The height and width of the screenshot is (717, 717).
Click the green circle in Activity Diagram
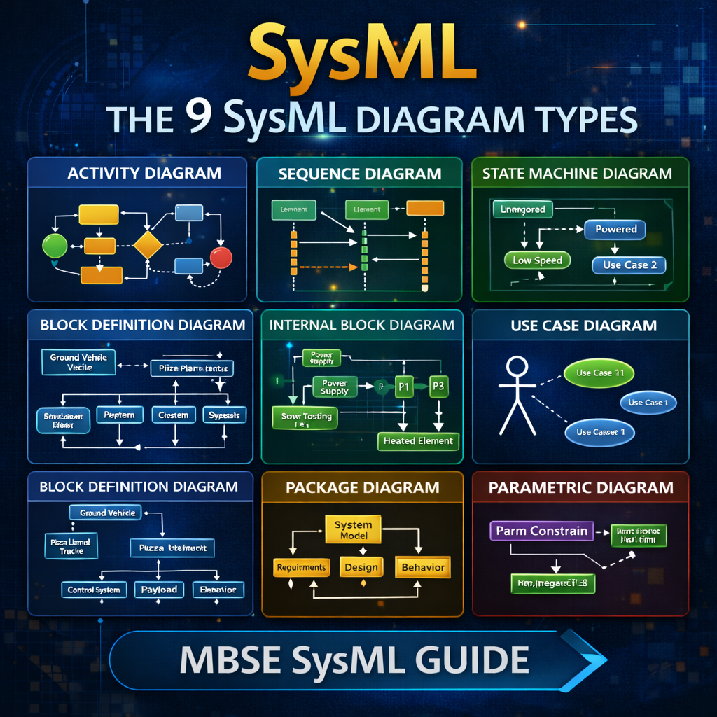click(55, 245)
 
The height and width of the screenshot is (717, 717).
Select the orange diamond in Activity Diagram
click(148, 245)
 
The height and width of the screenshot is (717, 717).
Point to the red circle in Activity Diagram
click(221, 258)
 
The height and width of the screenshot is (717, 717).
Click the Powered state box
click(615, 229)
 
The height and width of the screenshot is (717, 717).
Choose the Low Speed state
click(537, 260)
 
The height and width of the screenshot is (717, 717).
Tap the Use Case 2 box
click(629, 265)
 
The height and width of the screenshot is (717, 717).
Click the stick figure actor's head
click(517, 366)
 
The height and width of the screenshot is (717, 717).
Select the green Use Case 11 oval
click(599, 373)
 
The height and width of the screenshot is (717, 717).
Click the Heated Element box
click(418, 441)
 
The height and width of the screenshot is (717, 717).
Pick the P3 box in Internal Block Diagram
click(438, 386)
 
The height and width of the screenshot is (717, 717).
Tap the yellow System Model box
click(354, 530)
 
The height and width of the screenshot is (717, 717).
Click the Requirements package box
click(301, 567)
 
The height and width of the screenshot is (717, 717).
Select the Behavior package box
click(422, 567)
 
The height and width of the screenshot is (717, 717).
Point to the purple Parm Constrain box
click(541, 531)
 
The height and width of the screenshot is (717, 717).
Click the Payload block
click(159, 590)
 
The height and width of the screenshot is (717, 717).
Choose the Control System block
click(93, 590)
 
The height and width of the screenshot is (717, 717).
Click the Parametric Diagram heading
click(580, 487)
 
